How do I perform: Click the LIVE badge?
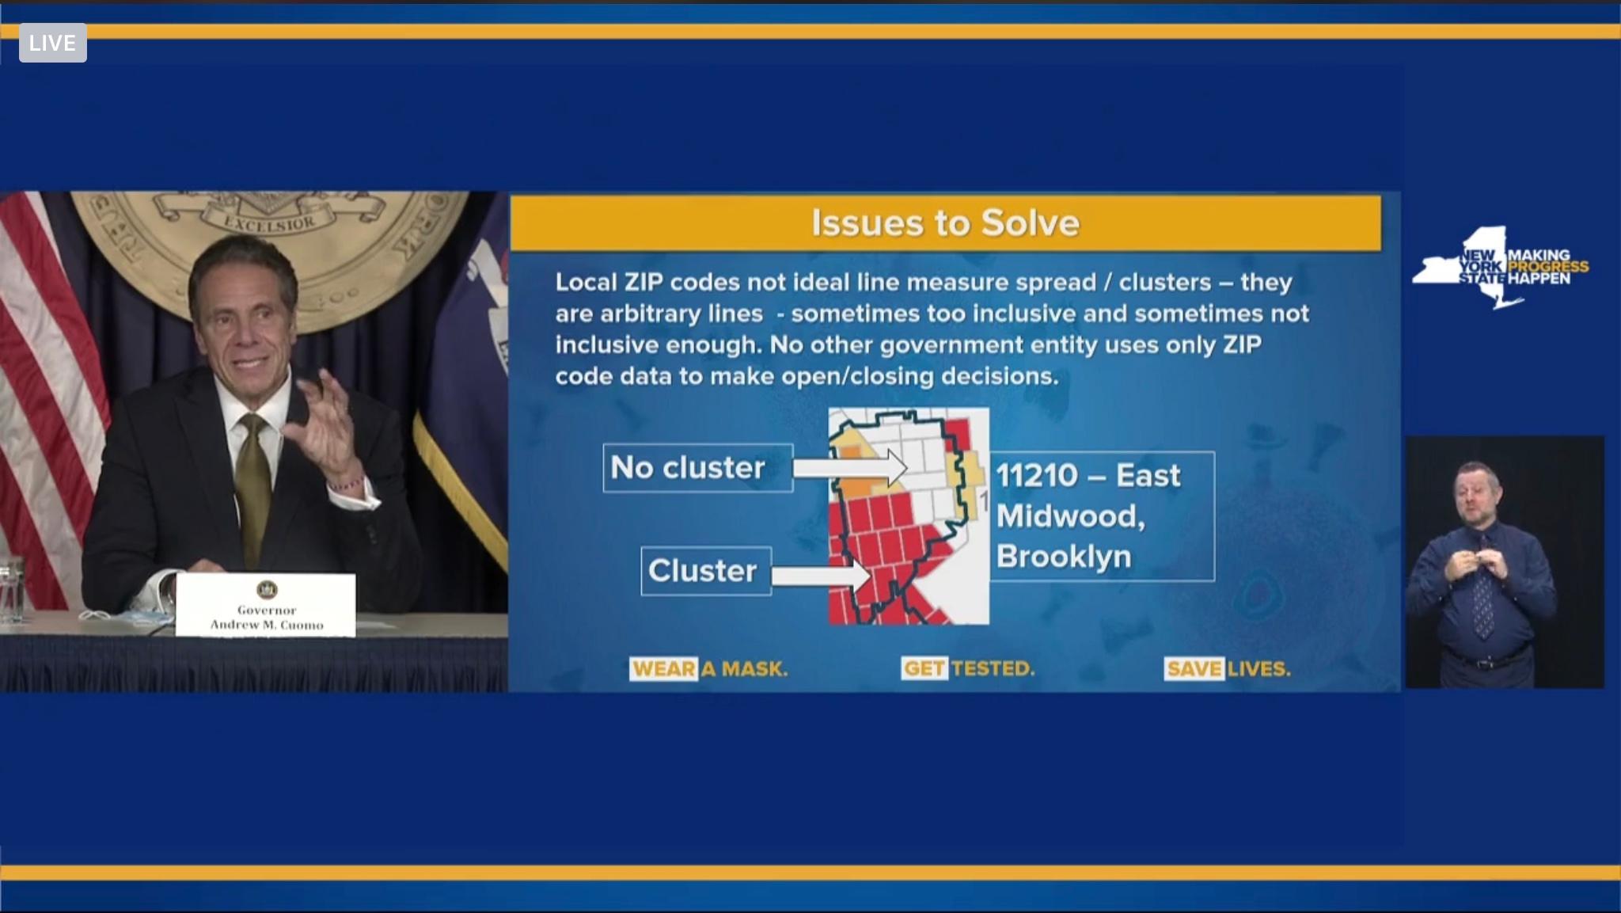click(53, 43)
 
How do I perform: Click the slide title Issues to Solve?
click(945, 223)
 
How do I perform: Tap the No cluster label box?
click(698, 468)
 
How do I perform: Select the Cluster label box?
click(706, 571)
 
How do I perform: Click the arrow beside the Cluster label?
click(822, 576)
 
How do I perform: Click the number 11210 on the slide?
click(1037, 476)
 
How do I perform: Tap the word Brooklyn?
click(1064, 557)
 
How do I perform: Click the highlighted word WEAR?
click(664, 669)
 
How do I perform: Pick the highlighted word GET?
click(924, 669)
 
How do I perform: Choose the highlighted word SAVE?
click(1194, 669)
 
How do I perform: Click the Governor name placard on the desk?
click(266, 605)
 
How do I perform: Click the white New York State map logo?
click(1471, 267)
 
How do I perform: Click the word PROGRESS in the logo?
click(1548, 267)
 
